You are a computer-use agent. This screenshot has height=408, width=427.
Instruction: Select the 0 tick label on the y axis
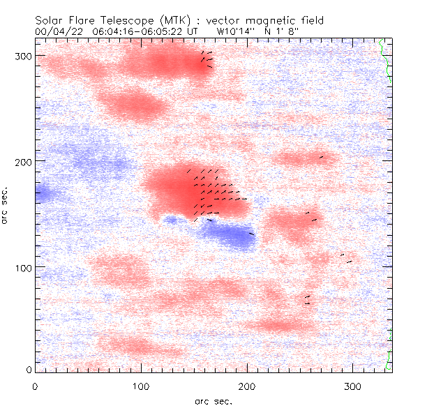[x=28, y=369]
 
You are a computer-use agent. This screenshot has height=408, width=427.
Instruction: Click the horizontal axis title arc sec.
[x=213, y=401]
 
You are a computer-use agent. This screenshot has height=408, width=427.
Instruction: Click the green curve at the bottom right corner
[x=389, y=352]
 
